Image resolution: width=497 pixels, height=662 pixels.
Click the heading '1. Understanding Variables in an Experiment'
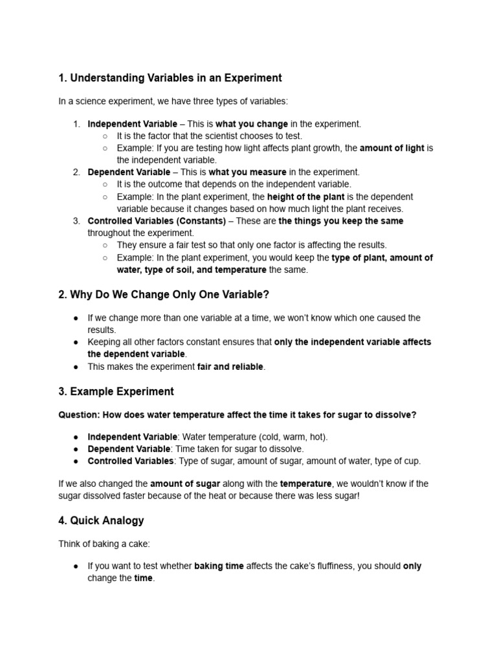click(x=170, y=78)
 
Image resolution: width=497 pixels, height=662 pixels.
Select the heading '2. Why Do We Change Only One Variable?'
click(x=163, y=295)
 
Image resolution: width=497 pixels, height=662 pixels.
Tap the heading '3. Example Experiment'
click(x=116, y=392)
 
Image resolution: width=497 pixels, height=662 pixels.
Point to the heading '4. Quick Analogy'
click(x=101, y=520)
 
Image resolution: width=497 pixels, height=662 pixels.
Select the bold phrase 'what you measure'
click(x=248, y=173)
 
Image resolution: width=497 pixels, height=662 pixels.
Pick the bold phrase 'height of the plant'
click(x=306, y=197)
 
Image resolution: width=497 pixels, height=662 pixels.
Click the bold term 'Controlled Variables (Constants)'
click(x=157, y=221)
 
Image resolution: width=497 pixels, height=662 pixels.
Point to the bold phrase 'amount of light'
click(x=392, y=148)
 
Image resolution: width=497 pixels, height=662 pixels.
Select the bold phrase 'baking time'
click(x=219, y=566)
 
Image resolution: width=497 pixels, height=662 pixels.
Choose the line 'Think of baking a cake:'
click(x=103, y=544)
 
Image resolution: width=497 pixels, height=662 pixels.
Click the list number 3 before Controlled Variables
click(x=76, y=221)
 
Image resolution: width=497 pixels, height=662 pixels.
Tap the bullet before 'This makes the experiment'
click(x=76, y=367)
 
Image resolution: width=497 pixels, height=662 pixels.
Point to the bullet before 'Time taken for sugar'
click(x=76, y=449)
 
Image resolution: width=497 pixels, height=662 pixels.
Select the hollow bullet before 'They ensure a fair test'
click(x=105, y=245)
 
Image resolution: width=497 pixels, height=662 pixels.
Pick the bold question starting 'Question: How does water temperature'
click(x=237, y=415)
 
